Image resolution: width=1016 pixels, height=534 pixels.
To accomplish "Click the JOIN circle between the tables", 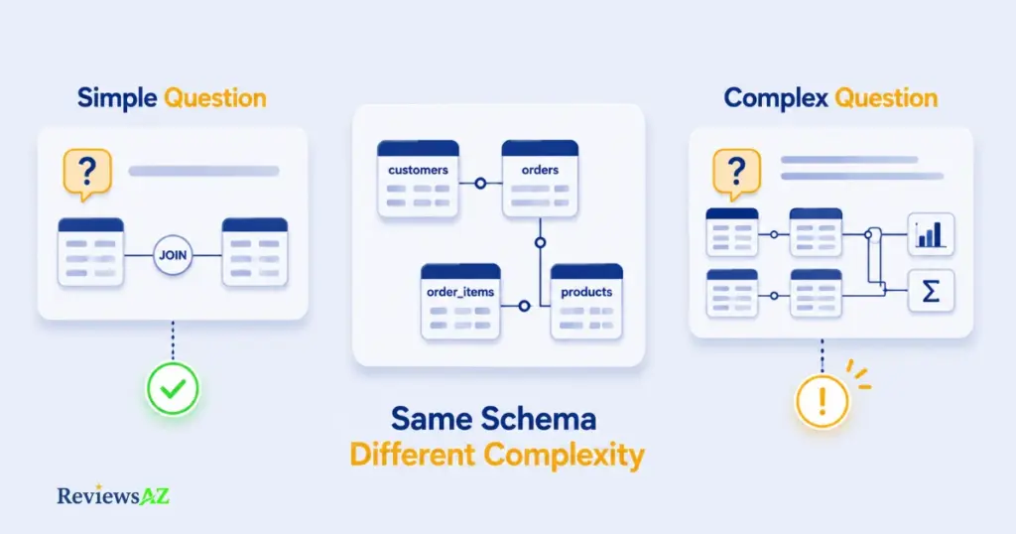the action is (x=173, y=255).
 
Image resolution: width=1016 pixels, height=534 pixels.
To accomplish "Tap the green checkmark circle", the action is (x=173, y=389).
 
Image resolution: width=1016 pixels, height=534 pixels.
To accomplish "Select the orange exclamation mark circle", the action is (x=823, y=402).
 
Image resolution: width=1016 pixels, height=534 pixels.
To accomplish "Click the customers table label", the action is (x=418, y=170).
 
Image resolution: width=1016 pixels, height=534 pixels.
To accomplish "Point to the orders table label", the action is (x=540, y=170).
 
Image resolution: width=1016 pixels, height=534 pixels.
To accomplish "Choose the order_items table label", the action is (x=460, y=292).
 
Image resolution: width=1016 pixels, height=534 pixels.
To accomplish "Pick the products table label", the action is (x=586, y=292).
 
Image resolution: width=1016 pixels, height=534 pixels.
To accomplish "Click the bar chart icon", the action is (x=931, y=234).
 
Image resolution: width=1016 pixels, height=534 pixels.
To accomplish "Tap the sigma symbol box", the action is (x=931, y=291).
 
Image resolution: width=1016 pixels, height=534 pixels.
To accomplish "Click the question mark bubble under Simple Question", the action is (x=87, y=174).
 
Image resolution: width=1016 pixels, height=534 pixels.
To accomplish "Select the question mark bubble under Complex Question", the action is (x=737, y=174).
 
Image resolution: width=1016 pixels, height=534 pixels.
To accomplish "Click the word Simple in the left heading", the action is (x=117, y=98).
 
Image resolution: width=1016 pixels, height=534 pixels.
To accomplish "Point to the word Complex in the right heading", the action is (x=776, y=98).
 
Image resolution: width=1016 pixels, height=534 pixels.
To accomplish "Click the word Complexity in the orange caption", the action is (x=565, y=455).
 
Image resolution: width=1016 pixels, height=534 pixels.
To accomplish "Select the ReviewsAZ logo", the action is (x=113, y=495).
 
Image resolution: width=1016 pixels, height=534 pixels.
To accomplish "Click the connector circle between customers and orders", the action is (x=480, y=184).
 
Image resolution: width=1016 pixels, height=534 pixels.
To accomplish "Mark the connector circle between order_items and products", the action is (x=524, y=306).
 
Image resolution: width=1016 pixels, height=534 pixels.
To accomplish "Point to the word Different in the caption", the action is (x=413, y=455).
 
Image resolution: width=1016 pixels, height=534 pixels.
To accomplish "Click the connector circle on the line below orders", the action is (x=540, y=242).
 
